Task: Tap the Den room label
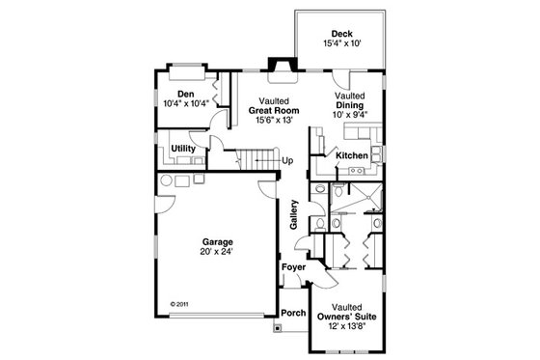click(186, 94)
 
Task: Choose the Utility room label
click(183, 148)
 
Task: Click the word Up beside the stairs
click(287, 160)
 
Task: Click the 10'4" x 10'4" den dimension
click(186, 103)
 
